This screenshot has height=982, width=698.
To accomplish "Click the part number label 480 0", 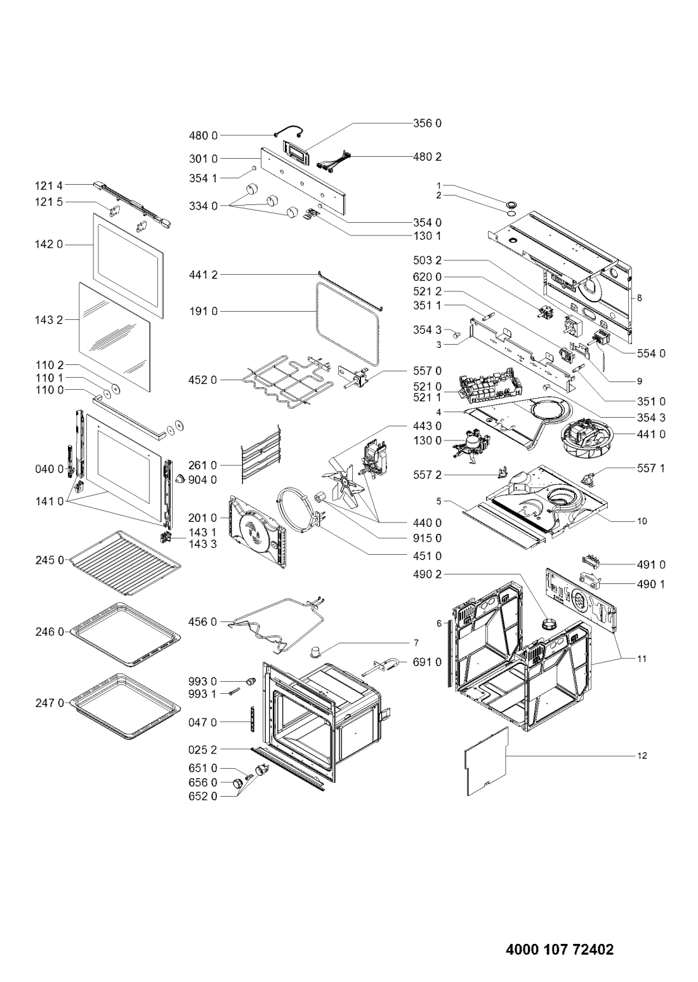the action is (203, 135).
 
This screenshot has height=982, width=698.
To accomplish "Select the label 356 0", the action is (427, 123).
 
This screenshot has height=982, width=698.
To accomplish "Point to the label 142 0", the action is (49, 244).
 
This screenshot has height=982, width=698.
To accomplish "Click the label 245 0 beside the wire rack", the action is (49, 560).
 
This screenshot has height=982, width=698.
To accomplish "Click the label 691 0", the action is (427, 662).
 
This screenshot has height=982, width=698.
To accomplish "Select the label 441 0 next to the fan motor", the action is (650, 434).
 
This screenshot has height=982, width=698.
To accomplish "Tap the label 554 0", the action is (650, 354).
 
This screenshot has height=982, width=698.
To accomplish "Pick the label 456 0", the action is (202, 622).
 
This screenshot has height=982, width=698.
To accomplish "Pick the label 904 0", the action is (202, 480).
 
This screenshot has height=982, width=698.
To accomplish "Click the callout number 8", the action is (639, 298).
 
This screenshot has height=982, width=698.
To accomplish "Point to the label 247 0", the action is (49, 703).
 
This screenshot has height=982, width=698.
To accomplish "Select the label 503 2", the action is (427, 260).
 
